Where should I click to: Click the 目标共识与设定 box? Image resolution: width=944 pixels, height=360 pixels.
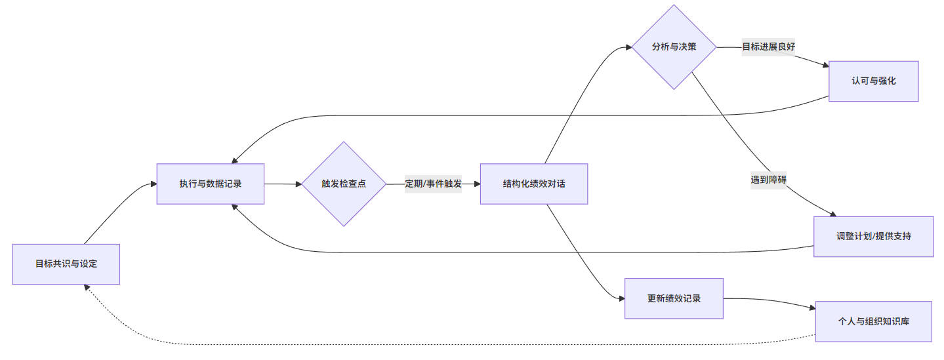pos(66,264)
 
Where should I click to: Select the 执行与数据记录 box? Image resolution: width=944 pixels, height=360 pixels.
pos(210,184)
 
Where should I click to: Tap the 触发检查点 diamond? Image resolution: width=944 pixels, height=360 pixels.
pos(344,184)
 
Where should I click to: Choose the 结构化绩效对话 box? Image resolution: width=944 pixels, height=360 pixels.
pos(533,184)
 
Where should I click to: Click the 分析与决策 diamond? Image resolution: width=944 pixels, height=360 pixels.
pos(674,47)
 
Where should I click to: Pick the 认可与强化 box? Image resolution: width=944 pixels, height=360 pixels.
pos(873,81)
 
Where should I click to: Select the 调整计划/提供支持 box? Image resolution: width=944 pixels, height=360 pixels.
pos(873,236)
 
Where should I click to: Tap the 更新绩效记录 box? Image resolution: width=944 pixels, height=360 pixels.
pos(674,298)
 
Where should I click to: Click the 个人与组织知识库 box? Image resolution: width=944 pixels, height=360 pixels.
pos(873,321)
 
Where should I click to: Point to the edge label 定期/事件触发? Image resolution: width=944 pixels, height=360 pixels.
pos(433,184)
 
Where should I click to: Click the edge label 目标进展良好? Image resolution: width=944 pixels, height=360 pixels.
pos(768,47)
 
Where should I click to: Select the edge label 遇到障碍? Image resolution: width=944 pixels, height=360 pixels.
pos(768,179)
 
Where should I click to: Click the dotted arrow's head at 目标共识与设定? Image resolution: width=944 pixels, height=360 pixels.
pos(86,288)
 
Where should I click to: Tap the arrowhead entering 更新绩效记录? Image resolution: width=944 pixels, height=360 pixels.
pos(621,298)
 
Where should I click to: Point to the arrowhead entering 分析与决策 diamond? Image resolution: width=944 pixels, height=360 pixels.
pos(628,47)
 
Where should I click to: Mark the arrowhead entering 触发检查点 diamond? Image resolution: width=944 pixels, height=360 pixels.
pos(298,184)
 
